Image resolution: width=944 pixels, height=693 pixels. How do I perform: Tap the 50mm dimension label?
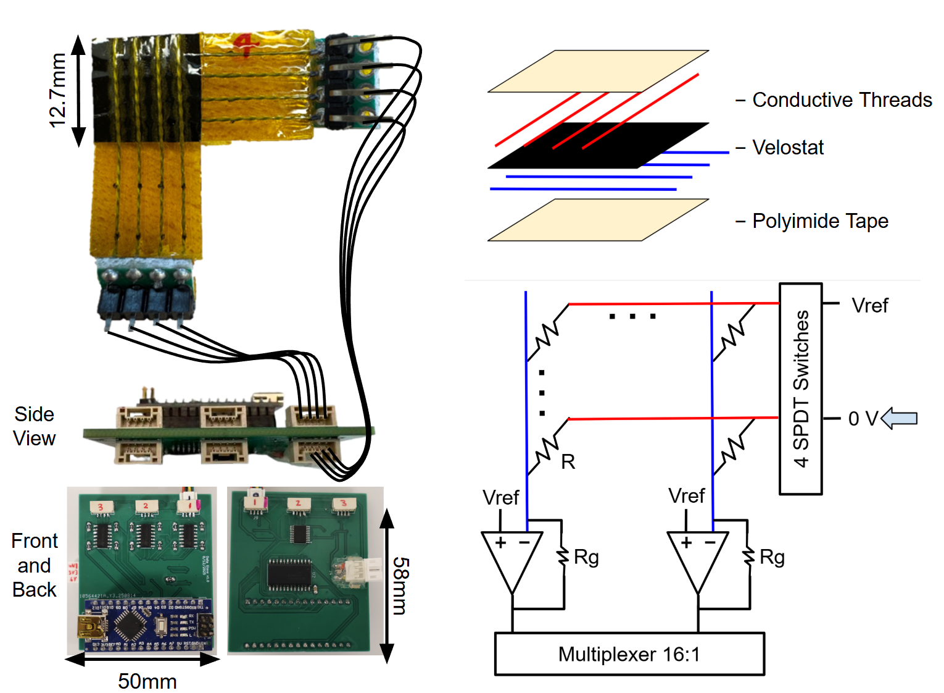(x=147, y=681)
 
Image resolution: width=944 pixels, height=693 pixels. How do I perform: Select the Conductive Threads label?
(x=842, y=100)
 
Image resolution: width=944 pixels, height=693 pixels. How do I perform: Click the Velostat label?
(x=788, y=148)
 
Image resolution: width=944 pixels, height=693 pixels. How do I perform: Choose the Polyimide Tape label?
(x=820, y=221)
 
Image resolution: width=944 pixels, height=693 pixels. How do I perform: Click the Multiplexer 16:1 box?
(x=629, y=654)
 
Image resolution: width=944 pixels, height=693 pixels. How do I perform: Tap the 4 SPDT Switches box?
(x=800, y=388)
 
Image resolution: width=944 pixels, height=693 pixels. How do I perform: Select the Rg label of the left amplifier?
(x=586, y=557)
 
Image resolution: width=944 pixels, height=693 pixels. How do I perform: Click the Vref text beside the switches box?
(x=869, y=306)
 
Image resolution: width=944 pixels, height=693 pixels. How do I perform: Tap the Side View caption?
(x=35, y=426)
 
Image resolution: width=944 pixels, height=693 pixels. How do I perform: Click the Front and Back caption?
(x=35, y=565)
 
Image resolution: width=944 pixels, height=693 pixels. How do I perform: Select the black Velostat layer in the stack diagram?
(x=598, y=146)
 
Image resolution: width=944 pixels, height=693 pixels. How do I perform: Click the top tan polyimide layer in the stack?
(x=598, y=71)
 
